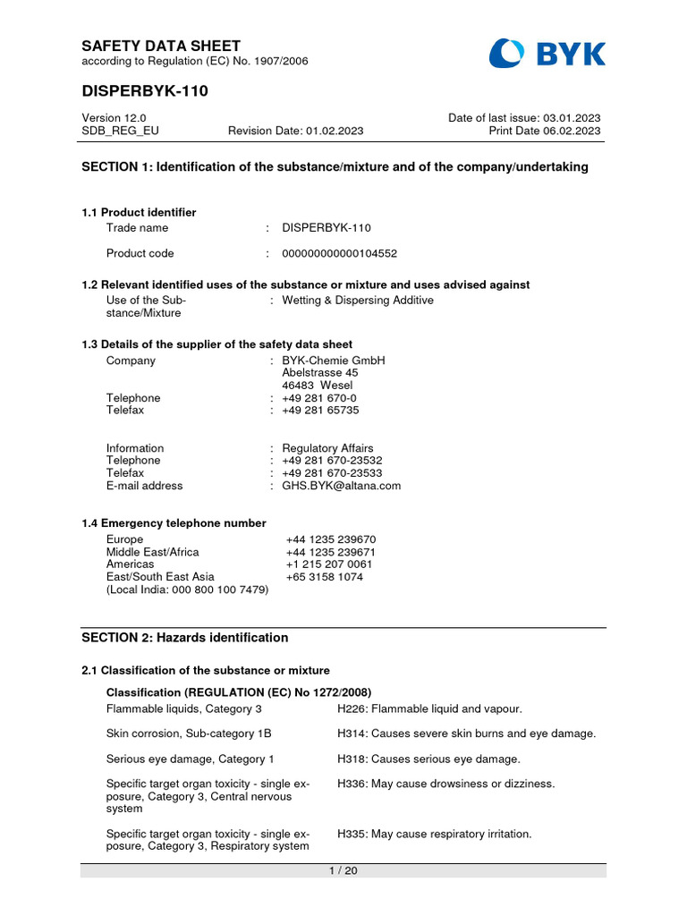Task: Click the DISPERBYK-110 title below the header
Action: [x=145, y=92]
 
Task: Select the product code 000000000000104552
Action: [x=339, y=253]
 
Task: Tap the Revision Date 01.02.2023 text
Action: [x=295, y=131]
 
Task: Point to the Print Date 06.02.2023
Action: [x=544, y=131]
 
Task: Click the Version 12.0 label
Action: [x=114, y=118]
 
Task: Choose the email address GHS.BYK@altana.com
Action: [x=341, y=486]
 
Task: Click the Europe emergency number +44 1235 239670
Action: [x=330, y=539]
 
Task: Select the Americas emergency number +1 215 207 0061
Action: [x=328, y=564]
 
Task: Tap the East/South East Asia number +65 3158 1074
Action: [x=324, y=577]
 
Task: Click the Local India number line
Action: [x=187, y=589]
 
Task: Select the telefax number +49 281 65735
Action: [x=320, y=410]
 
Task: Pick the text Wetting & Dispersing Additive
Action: [x=357, y=301]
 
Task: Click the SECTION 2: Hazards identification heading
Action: [x=184, y=638]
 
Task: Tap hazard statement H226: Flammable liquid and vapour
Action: [x=429, y=708]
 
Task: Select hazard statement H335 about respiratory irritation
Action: [x=434, y=834]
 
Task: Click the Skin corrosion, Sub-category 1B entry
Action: [x=189, y=734]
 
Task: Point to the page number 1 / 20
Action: [x=343, y=871]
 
